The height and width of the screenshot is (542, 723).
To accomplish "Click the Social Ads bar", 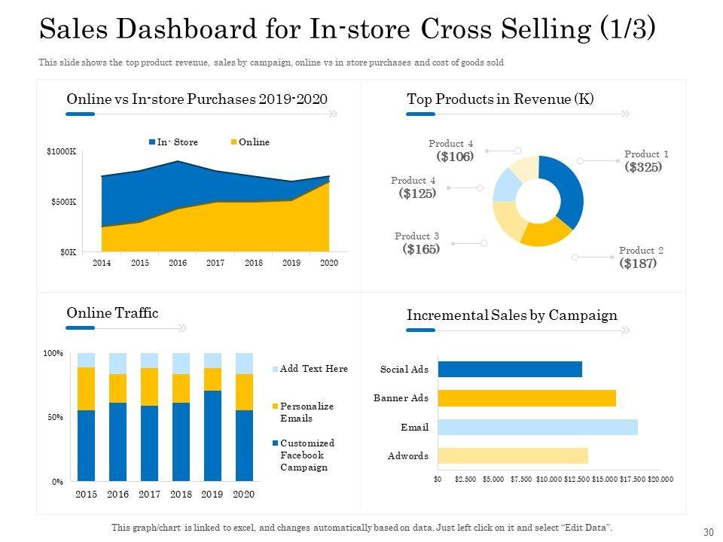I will click(510, 369).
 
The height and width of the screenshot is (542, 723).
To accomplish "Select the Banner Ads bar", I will click(526, 398).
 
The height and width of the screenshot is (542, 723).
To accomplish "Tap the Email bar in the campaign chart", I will click(538, 427).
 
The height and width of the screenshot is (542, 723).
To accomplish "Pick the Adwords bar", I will click(513, 455).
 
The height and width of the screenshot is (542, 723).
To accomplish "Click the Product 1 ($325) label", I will click(645, 161).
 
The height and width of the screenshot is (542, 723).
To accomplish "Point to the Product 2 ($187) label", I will click(640, 257).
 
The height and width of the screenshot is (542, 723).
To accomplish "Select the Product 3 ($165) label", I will click(419, 243).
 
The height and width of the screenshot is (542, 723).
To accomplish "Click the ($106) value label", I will click(455, 157).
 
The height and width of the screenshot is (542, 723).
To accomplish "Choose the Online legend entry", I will click(249, 142).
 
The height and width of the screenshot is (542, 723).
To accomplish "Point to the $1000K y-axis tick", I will click(62, 152).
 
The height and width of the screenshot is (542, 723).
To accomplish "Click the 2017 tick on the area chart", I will click(215, 263).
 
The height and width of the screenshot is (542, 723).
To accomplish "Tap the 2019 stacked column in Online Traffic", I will click(213, 416).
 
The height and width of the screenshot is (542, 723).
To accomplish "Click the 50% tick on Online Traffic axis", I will click(53, 417).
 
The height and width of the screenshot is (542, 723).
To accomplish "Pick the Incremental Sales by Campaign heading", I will click(512, 315).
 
